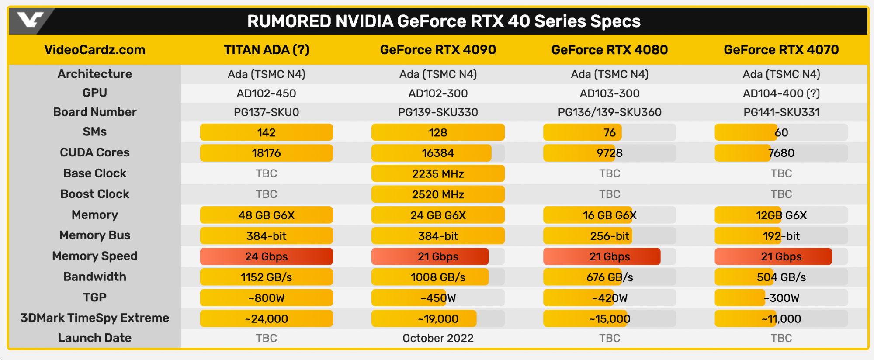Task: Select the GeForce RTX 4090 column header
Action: pos(438,50)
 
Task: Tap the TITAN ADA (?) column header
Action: pos(266,50)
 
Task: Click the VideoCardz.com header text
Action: pos(94,50)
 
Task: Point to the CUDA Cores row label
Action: pos(94,152)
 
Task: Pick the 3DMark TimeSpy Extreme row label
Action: pos(94,318)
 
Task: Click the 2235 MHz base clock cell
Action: pos(438,174)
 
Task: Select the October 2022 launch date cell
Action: pos(438,338)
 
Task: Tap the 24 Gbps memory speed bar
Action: pos(266,256)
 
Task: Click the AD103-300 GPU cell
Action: pos(609,93)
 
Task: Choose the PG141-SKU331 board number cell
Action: pos(781,112)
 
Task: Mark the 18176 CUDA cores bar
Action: pos(266,153)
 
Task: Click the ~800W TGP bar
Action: pos(266,298)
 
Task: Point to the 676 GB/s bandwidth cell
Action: pos(609,277)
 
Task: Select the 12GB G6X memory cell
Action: pos(781,215)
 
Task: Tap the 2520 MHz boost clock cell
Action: pos(438,194)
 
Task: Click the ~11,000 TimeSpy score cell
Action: pos(781,319)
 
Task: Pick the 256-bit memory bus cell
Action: pos(609,236)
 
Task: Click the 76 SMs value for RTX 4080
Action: pos(609,132)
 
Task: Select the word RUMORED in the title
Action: pos(289,21)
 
